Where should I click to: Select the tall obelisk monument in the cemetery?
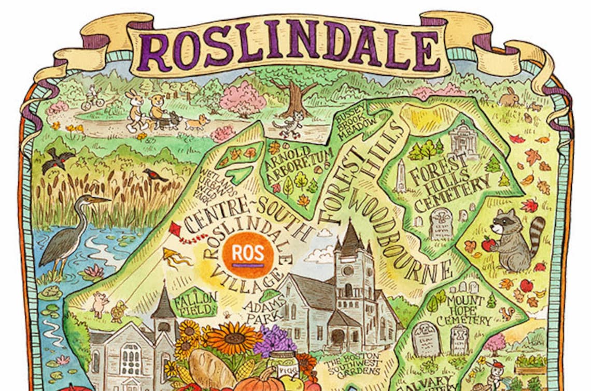pyautogui.click(x=400, y=176)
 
